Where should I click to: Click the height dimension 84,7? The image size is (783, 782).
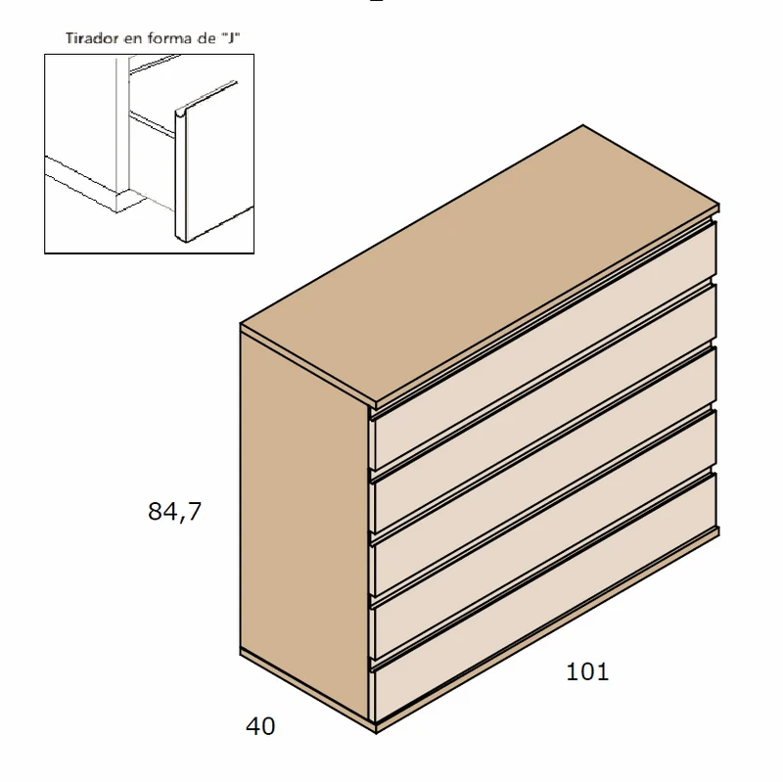coord(174,511)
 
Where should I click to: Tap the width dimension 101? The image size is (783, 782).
coord(587,672)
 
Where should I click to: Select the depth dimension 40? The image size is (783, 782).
coord(260,726)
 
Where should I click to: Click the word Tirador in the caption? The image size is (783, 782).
coord(92,38)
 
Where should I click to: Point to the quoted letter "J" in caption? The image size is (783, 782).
coord(232,38)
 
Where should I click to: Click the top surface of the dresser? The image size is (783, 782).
coord(480,264)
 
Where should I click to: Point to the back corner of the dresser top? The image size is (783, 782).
coord(583,125)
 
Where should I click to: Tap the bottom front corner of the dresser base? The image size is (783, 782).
coord(376,732)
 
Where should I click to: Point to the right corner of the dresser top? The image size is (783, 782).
coord(718,205)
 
